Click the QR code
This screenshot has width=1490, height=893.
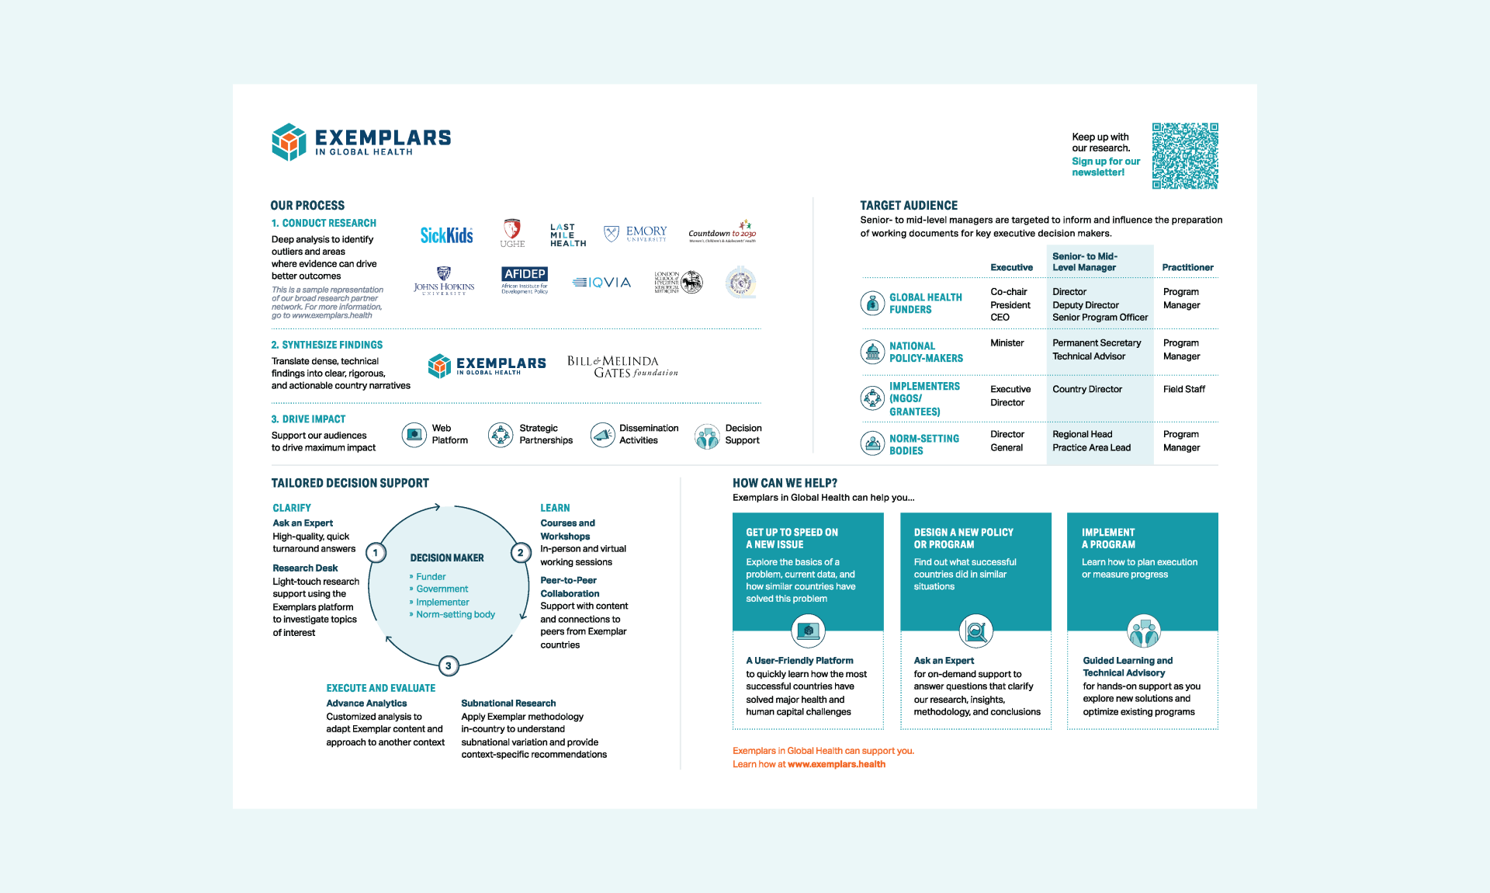click(1184, 155)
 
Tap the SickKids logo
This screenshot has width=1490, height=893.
click(446, 235)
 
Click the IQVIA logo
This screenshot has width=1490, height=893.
click(602, 283)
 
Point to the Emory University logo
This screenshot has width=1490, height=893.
click(636, 233)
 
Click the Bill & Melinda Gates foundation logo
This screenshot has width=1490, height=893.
click(622, 367)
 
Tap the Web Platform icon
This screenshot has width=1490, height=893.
click(414, 434)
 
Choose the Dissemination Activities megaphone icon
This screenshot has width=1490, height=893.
click(602, 435)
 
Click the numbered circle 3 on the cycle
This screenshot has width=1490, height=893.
click(448, 665)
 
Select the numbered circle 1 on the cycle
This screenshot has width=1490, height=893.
click(376, 553)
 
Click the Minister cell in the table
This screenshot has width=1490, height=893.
click(1007, 343)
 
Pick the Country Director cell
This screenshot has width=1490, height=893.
click(1086, 389)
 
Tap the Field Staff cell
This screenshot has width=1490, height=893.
click(1183, 389)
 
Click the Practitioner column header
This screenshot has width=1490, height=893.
click(1187, 267)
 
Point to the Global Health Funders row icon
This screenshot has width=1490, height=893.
click(872, 303)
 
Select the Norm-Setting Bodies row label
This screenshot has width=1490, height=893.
click(923, 444)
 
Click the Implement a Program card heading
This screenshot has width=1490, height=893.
click(1108, 538)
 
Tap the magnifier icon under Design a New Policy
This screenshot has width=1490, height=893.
click(975, 631)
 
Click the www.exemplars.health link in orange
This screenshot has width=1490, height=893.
click(836, 764)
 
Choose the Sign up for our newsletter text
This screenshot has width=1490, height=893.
click(1105, 167)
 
